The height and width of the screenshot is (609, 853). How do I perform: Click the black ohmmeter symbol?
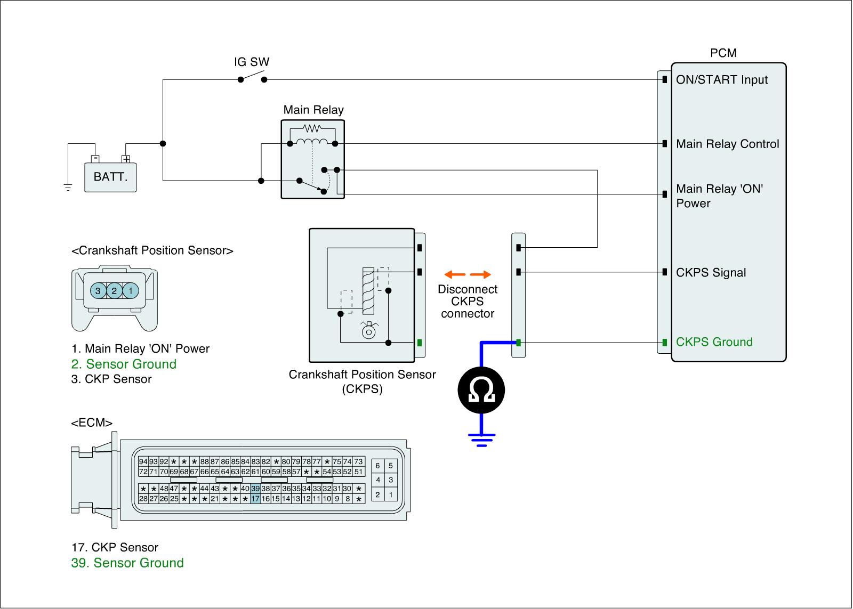point(481,391)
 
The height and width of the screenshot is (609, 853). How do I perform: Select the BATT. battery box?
point(110,177)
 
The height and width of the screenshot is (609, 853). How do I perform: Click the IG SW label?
point(252,62)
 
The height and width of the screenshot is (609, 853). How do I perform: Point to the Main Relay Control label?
point(727,144)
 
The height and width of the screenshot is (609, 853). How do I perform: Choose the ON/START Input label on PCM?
point(721,80)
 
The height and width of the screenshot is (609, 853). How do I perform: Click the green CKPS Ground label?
point(714,342)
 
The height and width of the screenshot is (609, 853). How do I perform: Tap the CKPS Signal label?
point(711,273)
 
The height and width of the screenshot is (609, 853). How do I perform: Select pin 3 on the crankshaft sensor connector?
point(98,291)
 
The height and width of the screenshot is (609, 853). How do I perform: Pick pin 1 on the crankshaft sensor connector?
point(131,291)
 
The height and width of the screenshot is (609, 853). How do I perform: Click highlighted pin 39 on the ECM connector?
point(255,489)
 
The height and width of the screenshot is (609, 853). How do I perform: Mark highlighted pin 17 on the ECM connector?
point(255,499)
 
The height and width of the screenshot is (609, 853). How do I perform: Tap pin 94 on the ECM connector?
point(143,461)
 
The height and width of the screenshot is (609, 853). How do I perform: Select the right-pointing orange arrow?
point(481,275)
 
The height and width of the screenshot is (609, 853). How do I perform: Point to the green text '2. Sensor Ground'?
point(124,364)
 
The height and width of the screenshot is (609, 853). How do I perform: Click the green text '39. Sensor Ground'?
point(127,563)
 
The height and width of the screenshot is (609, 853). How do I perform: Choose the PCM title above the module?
point(723,53)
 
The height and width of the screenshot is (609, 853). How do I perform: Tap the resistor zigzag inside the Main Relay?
point(312,128)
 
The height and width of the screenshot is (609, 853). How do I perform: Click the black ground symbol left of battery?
point(68,187)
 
